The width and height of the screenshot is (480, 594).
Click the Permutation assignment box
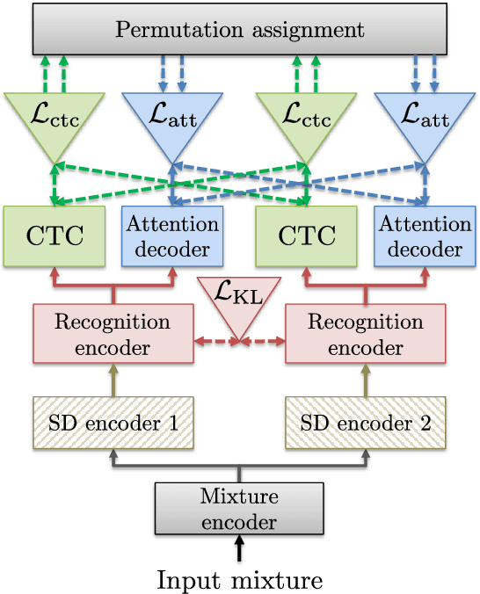click(x=239, y=30)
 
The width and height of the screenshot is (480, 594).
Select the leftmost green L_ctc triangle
click(x=55, y=120)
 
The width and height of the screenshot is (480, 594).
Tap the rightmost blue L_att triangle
click(x=423, y=120)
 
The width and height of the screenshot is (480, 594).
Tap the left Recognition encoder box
click(x=113, y=333)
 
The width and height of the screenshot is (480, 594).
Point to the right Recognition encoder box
click(x=365, y=333)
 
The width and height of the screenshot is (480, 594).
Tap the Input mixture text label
click(x=239, y=579)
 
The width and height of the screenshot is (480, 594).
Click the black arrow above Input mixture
click(x=239, y=550)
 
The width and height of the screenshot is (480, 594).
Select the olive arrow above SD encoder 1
click(x=113, y=380)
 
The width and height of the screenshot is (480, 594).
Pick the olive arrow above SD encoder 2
click(x=365, y=380)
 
